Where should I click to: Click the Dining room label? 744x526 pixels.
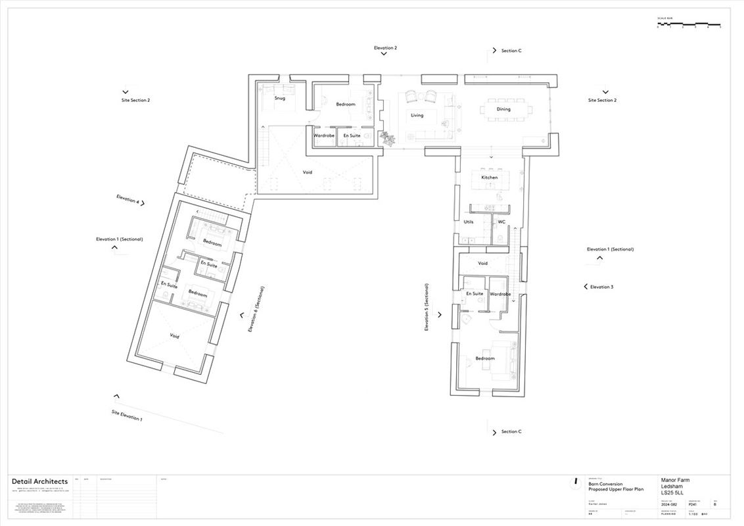503,109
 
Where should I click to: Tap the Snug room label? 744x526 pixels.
280,98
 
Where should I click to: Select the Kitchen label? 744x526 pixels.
490,178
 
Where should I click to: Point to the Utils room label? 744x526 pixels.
469,222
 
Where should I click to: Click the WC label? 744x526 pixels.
501,222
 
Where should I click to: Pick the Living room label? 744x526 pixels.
417,115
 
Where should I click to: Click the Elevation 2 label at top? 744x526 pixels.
385,48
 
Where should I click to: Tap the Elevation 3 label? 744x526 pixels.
601,287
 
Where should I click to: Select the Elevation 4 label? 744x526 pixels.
128,199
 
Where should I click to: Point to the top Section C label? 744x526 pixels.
511,51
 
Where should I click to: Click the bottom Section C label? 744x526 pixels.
511,431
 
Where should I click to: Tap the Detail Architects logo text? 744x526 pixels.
39,481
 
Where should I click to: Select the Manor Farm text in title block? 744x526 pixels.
675,480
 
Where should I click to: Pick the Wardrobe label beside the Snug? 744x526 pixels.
324,135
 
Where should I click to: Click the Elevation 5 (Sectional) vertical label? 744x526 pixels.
427,306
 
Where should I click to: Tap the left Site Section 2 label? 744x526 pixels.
135,101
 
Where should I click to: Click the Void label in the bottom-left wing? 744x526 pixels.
174,336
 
